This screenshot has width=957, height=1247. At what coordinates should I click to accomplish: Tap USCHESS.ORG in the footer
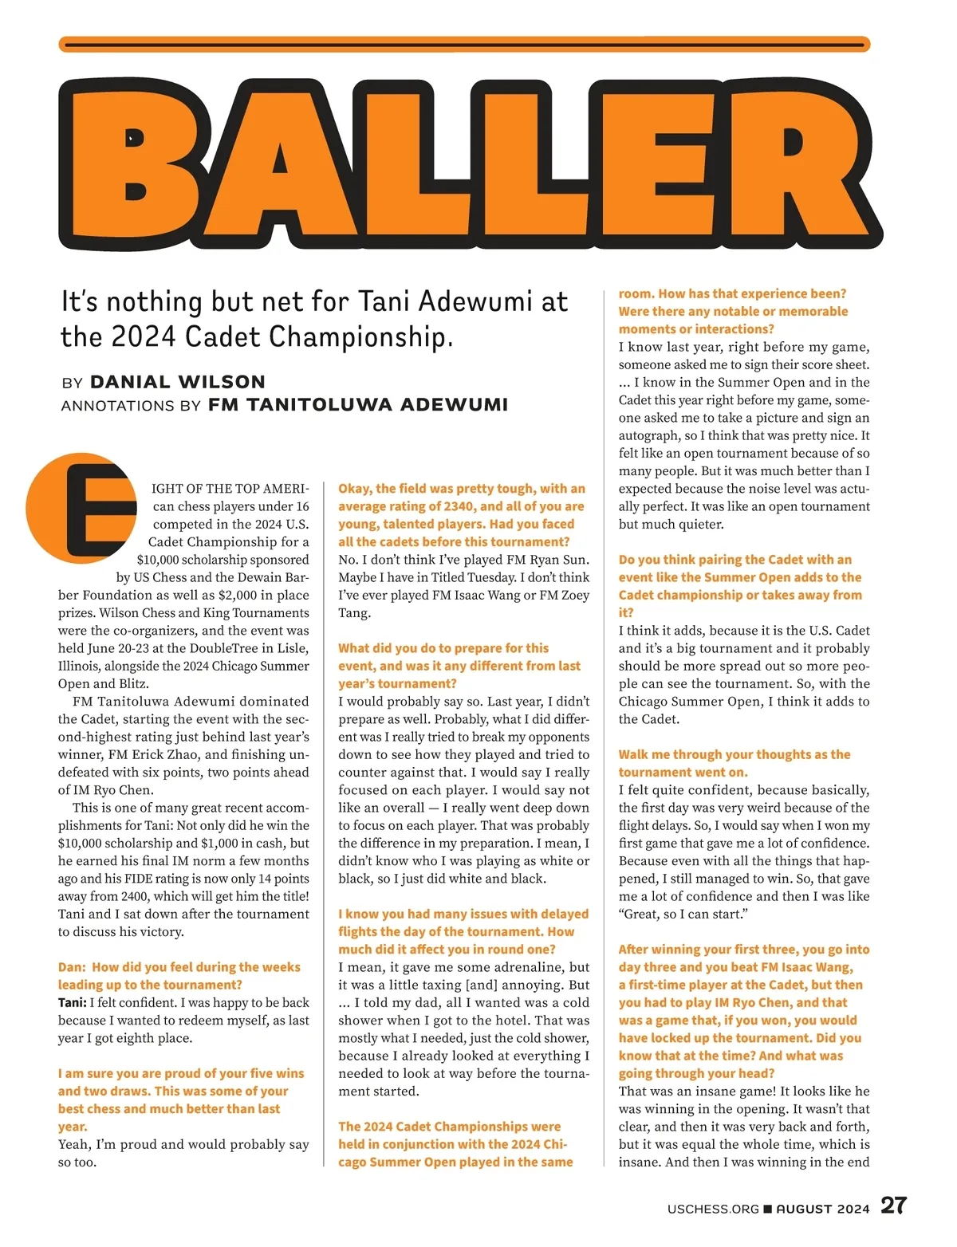(713, 1209)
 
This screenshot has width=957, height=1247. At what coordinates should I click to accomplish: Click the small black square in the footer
(768, 1209)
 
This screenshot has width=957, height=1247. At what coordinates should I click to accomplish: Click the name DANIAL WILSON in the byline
(177, 382)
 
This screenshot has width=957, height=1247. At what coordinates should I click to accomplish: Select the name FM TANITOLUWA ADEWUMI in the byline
(358, 404)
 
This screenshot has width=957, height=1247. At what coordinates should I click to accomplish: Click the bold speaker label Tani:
(72, 1002)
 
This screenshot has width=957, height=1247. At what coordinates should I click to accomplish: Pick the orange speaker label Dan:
(72, 967)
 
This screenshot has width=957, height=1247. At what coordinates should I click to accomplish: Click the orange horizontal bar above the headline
(464, 45)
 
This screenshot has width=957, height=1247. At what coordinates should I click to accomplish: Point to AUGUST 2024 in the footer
(823, 1209)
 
